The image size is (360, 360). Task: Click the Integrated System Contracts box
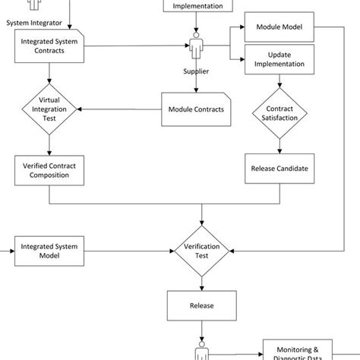49,46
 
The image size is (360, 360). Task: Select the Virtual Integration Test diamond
49,109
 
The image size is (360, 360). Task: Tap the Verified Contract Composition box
49,170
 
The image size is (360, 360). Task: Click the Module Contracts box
196,109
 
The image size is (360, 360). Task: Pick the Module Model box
279,27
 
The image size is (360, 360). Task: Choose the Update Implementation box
279,59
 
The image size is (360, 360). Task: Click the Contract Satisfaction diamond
279,113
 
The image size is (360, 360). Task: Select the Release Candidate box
279,169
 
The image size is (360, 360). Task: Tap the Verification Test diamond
202,251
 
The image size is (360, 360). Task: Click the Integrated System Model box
49,251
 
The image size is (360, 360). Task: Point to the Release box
202,305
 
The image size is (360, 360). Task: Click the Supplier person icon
196,46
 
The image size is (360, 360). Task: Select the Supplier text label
196,71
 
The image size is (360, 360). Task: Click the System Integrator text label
34,23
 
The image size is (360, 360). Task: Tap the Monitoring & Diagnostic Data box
298,352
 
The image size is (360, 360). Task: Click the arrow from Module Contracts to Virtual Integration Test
119,109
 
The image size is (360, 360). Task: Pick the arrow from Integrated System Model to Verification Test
129,251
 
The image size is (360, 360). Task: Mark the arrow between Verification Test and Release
202,284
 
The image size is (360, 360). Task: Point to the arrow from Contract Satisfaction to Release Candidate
279,147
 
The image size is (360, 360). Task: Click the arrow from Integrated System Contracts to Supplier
137,46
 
